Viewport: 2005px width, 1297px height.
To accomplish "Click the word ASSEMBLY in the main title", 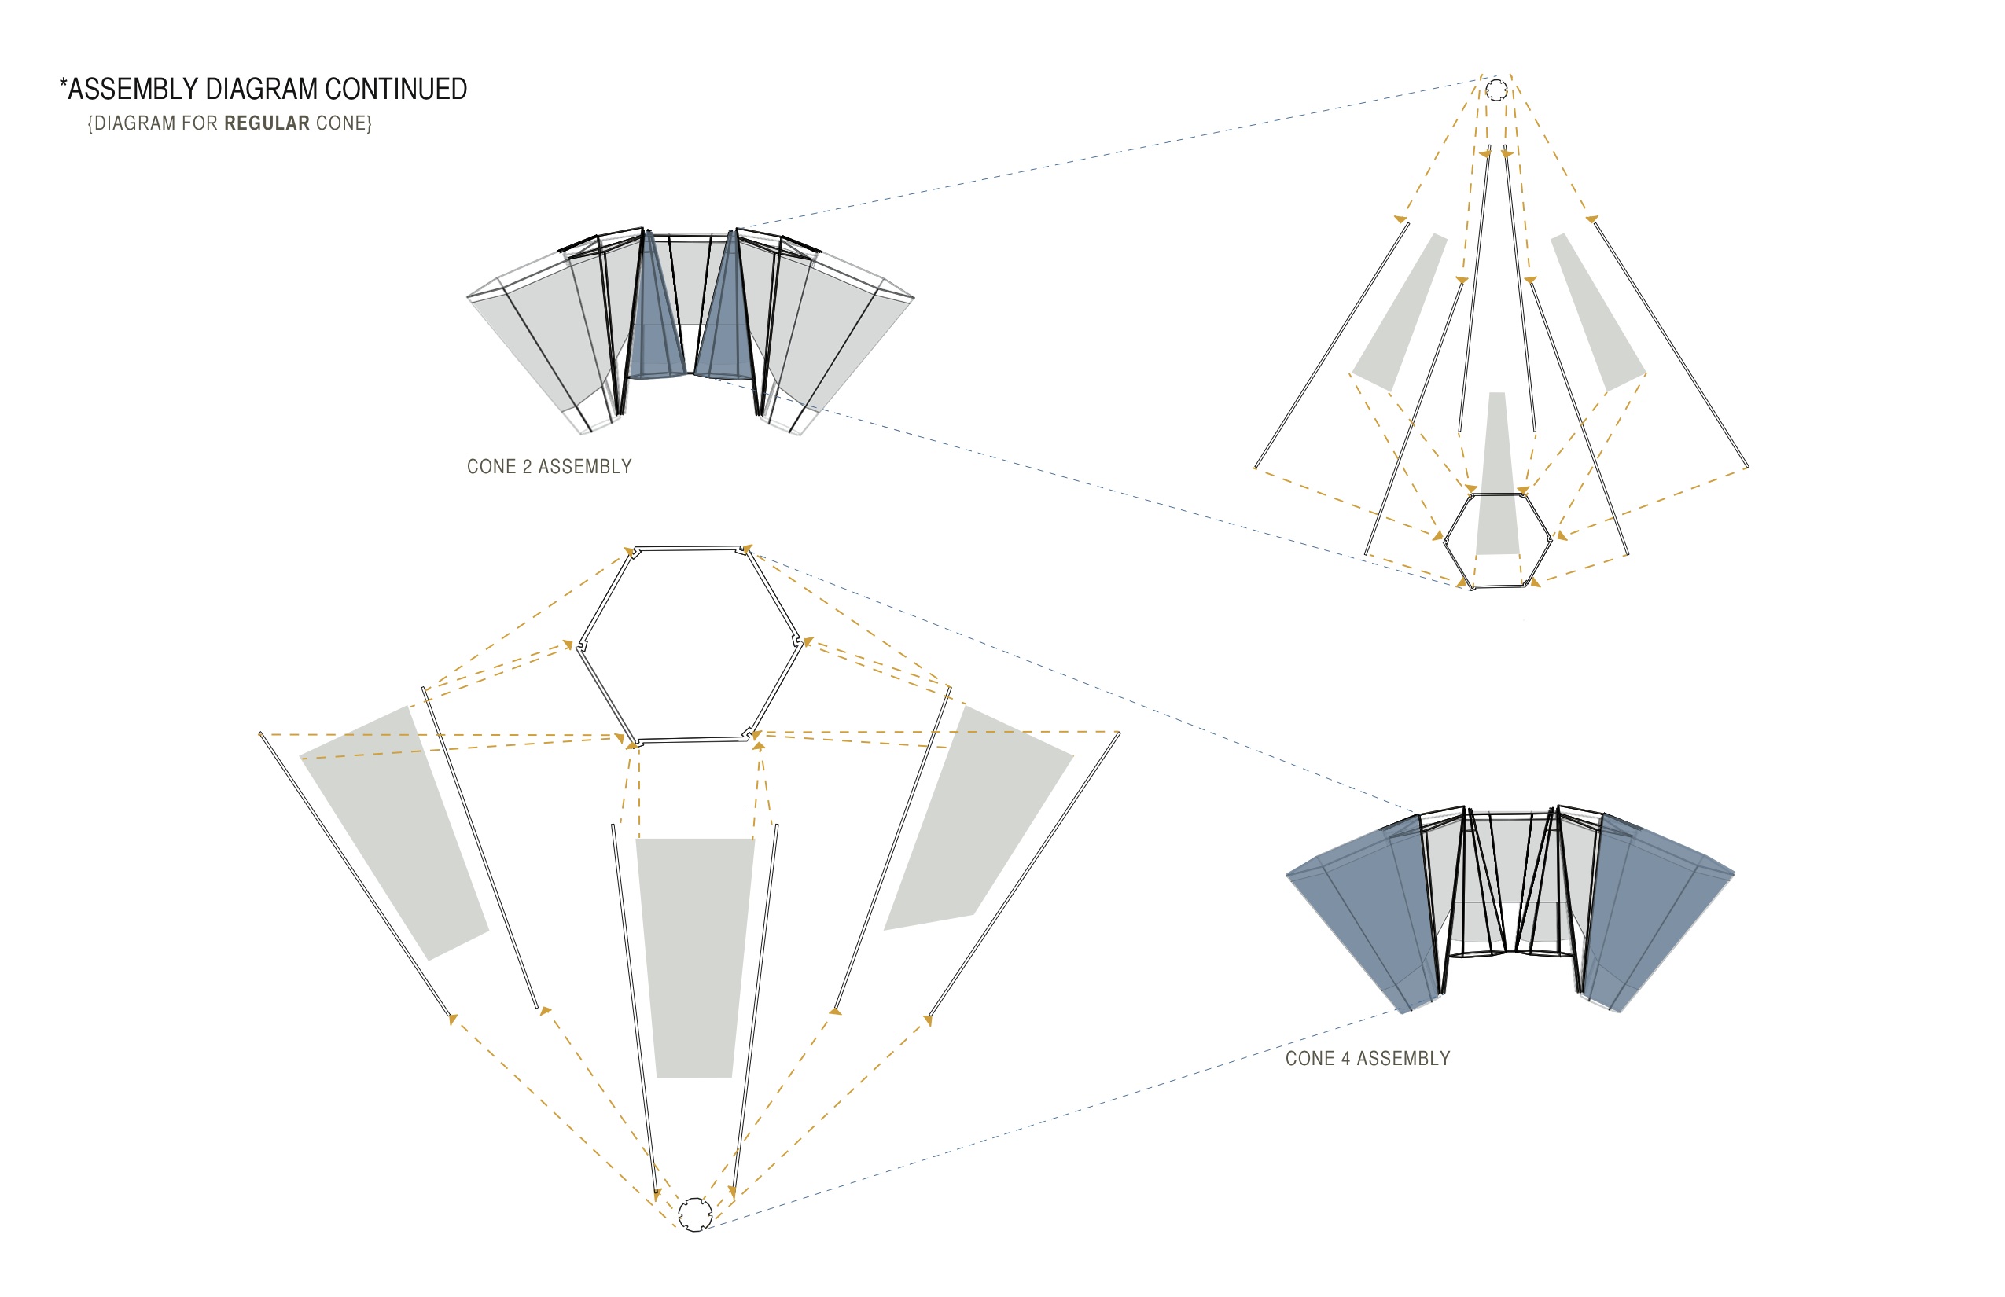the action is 132,90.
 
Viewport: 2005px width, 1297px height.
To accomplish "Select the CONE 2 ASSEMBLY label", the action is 550,467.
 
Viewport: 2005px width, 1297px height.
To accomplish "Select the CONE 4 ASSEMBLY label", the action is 1367,1059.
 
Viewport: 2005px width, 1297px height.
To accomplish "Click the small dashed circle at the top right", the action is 1496,90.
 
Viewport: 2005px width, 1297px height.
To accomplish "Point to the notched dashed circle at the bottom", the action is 695,1214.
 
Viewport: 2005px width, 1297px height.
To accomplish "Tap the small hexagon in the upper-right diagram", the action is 1498,541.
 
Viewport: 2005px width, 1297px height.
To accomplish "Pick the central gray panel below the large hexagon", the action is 695,956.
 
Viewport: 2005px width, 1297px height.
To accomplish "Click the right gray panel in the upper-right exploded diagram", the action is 1596,311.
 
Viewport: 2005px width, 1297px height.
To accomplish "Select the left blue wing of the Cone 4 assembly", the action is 1365,913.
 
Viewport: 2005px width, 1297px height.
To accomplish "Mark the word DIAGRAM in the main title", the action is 260,90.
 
